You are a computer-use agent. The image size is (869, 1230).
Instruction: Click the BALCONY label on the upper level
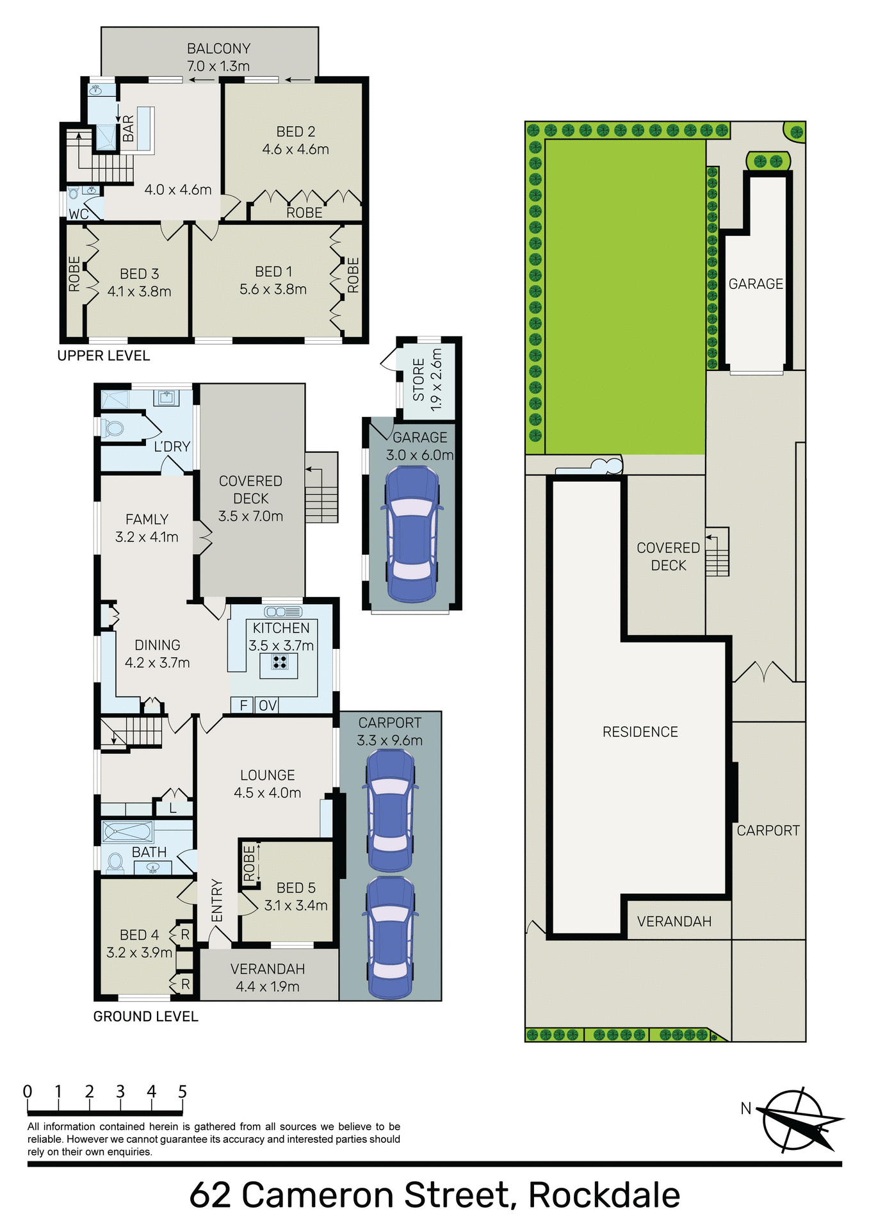(x=218, y=49)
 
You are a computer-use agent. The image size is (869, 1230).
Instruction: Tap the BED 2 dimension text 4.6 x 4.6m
(x=295, y=149)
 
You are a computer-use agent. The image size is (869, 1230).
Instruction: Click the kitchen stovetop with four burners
(x=279, y=662)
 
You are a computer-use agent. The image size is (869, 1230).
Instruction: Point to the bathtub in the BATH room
(x=127, y=832)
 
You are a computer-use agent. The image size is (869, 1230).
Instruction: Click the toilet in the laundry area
(x=113, y=427)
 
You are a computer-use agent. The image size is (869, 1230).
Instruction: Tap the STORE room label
(x=419, y=379)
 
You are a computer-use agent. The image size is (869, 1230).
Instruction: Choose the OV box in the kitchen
(x=267, y=705)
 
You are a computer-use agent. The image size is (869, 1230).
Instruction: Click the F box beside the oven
(x=243, y=705)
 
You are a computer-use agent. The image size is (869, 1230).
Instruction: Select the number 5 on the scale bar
(x=183, y=1091)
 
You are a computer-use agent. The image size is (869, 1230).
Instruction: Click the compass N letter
(x=745, y=1108)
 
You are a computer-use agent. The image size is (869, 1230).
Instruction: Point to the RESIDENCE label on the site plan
(x=640, y=732)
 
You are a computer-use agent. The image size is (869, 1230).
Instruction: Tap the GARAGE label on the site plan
(x=756, y=284)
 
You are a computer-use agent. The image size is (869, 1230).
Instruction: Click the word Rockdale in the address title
(x=604, y=1195)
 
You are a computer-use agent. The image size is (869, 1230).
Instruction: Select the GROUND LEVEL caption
(x=145, y=1016)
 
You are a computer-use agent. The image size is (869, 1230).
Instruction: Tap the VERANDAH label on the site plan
(x=674, y=921)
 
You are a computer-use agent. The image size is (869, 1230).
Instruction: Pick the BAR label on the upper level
(x=128, y=129)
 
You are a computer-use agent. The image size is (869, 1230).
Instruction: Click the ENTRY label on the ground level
(x=217, y=900)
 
